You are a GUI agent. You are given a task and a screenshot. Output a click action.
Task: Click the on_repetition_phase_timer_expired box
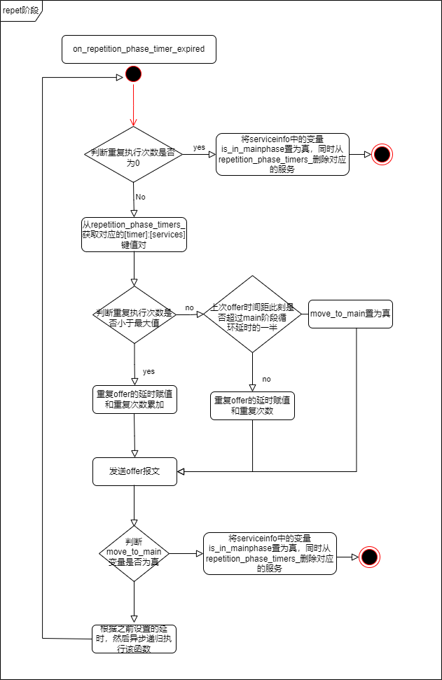(139, 49)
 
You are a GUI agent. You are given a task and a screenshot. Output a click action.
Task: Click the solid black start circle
(133, 74)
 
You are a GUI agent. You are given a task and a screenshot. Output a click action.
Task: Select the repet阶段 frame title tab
(21, 10)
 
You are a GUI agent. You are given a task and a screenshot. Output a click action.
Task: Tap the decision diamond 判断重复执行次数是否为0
(133, 155)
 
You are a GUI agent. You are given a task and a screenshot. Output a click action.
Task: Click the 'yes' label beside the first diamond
(199, 148)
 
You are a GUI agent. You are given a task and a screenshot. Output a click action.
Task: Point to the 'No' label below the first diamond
(140, 197)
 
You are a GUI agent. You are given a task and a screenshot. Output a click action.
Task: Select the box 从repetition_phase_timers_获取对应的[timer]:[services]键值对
(133, 235)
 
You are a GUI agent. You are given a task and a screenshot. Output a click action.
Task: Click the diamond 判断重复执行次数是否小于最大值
(133, 315)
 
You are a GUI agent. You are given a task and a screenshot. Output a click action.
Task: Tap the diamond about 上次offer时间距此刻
(252, 314)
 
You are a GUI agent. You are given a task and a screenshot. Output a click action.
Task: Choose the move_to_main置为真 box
(350, 314)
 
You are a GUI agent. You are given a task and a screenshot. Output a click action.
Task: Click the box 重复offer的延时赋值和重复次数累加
(134, 400)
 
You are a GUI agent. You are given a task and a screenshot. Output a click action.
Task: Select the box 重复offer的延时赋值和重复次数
(252, 405)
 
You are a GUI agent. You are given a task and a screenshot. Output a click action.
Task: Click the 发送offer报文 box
(134, 471)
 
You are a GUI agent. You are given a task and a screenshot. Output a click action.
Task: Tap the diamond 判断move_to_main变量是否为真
(133, 553)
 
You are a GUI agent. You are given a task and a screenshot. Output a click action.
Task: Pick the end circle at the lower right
(369, 557)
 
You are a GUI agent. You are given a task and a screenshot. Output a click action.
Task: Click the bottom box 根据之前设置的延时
(134, 639)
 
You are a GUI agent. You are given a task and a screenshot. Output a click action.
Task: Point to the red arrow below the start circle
(133, 105)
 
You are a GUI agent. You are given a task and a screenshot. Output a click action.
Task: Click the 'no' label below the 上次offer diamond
(266, 379)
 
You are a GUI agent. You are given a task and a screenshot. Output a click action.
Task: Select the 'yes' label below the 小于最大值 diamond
(149, 371)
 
